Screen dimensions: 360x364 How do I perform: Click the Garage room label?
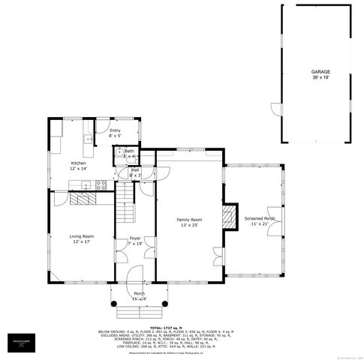click(x=320, y=72)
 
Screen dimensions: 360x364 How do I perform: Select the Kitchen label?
click(x=78, y=163)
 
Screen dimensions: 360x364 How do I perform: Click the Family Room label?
click(x=190, y=220)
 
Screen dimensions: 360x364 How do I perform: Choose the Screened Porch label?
click(x=263, y=218)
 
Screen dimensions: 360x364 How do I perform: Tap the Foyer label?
click(x=135, y=238)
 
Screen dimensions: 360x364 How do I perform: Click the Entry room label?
click(x=115, y=130)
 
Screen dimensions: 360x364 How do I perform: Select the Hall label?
click(x=136, y=170)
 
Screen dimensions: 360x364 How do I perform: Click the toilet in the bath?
click(x=119, y=155)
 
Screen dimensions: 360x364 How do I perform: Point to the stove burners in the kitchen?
click(x=101, y=185)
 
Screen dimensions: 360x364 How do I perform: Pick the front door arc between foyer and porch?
click(x=135, y=274)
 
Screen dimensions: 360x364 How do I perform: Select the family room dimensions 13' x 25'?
click(x=190, y=226)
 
